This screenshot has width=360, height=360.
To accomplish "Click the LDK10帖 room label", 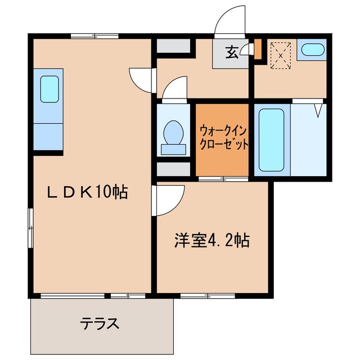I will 87,193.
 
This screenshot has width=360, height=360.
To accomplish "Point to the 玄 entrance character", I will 231,53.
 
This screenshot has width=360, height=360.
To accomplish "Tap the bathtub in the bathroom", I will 271,140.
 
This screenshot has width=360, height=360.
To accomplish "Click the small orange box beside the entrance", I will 257,49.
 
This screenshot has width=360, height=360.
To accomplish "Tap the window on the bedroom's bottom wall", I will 208,295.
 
